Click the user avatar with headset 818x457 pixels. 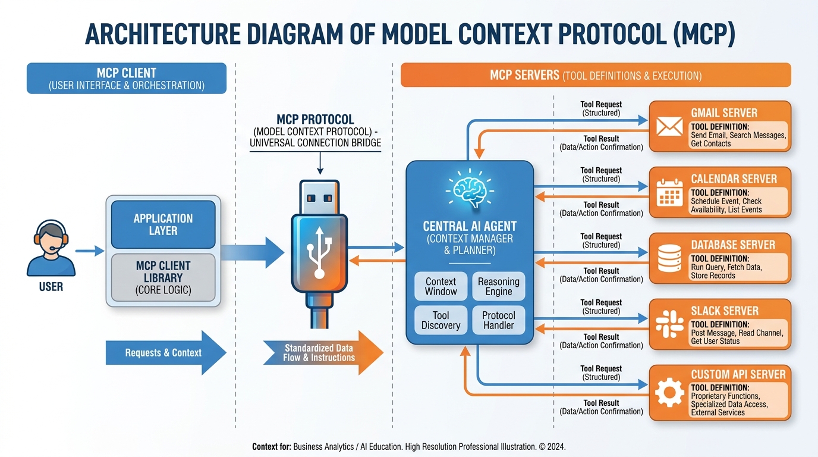pyautogui.click(x=51, y=248)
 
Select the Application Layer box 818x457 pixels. pyautogui.click(x=163, y=224)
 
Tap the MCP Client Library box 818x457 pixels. pyautogui.click(x=163, y=278)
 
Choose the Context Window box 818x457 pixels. pyautogui.click(x=441, y=286)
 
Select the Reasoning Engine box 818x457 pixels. pyautogui.click(x=498, y=286)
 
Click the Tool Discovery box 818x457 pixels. pyautogui.click(x=441, y=320)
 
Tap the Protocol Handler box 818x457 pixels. pyautogui.click(x=498, y=320)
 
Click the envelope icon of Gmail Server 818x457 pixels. pyautogui.click(x=669, y=127)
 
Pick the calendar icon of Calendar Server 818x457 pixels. pyautogui.click(x=669, y=193)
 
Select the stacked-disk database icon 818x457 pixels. pyautogui.click(x=669, y=259)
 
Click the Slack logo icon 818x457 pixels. pyautogui.click(x=669, y=325)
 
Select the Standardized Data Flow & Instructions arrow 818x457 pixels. pyautogui.click(x=322, y=353)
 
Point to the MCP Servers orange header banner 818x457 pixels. pyautogui.click(x=596, y=76)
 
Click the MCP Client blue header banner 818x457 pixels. pyautogui.click(x=127, y=79)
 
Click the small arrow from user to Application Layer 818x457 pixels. pyautogui.click(x=90, y=251)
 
